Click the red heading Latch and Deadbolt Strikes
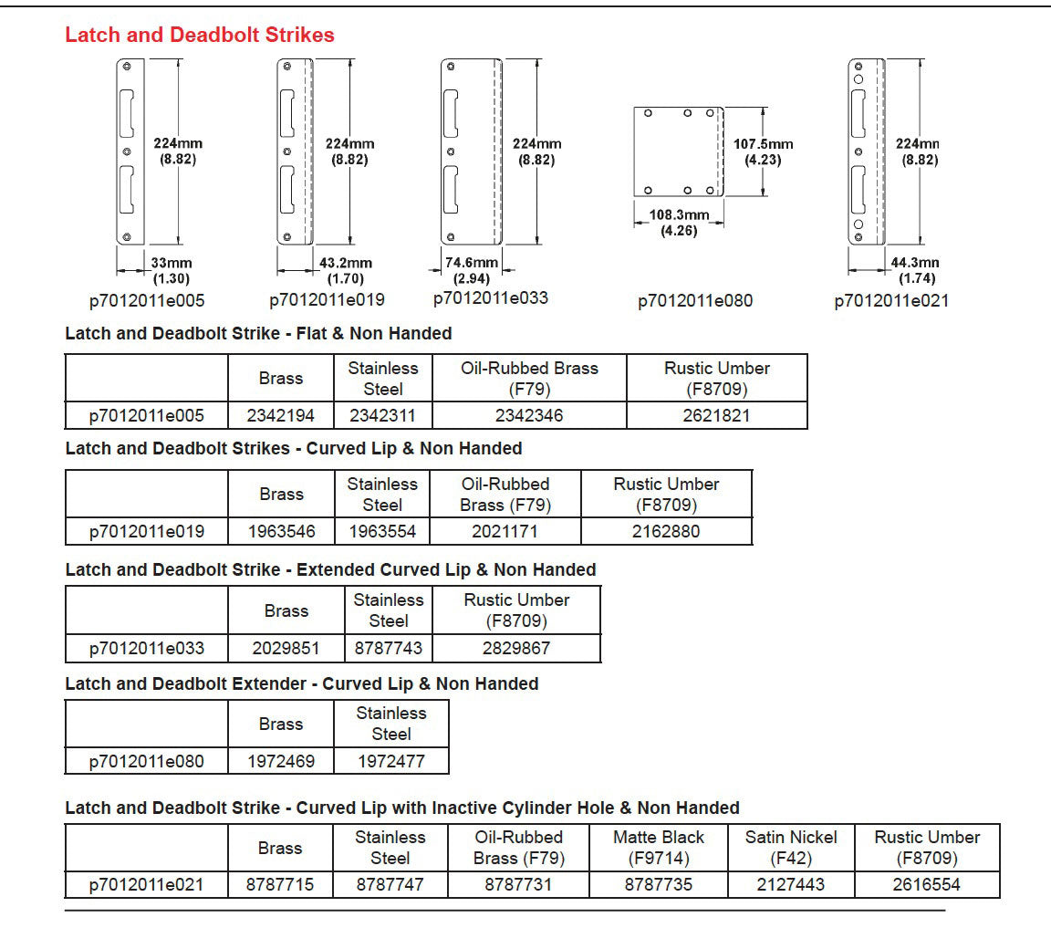[x=200, y=36]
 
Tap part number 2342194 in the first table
[x=281, y=416]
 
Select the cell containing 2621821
[x=716, y=416]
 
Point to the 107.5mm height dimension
[x=763, y=152]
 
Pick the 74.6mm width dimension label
[x=471, y=270]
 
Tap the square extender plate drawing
[x=679, y=151]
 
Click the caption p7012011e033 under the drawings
[x=491, y=298]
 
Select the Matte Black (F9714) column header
[x=659, y=847]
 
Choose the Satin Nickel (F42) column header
[x=791, y=847]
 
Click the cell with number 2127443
[x=791, y=884]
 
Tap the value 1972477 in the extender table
[x=391, y=761]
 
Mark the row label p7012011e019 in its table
[x=147, y=531]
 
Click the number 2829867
[x=516, y=649]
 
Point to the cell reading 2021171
[x=504, y=531]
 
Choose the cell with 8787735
[x=659, y=884]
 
